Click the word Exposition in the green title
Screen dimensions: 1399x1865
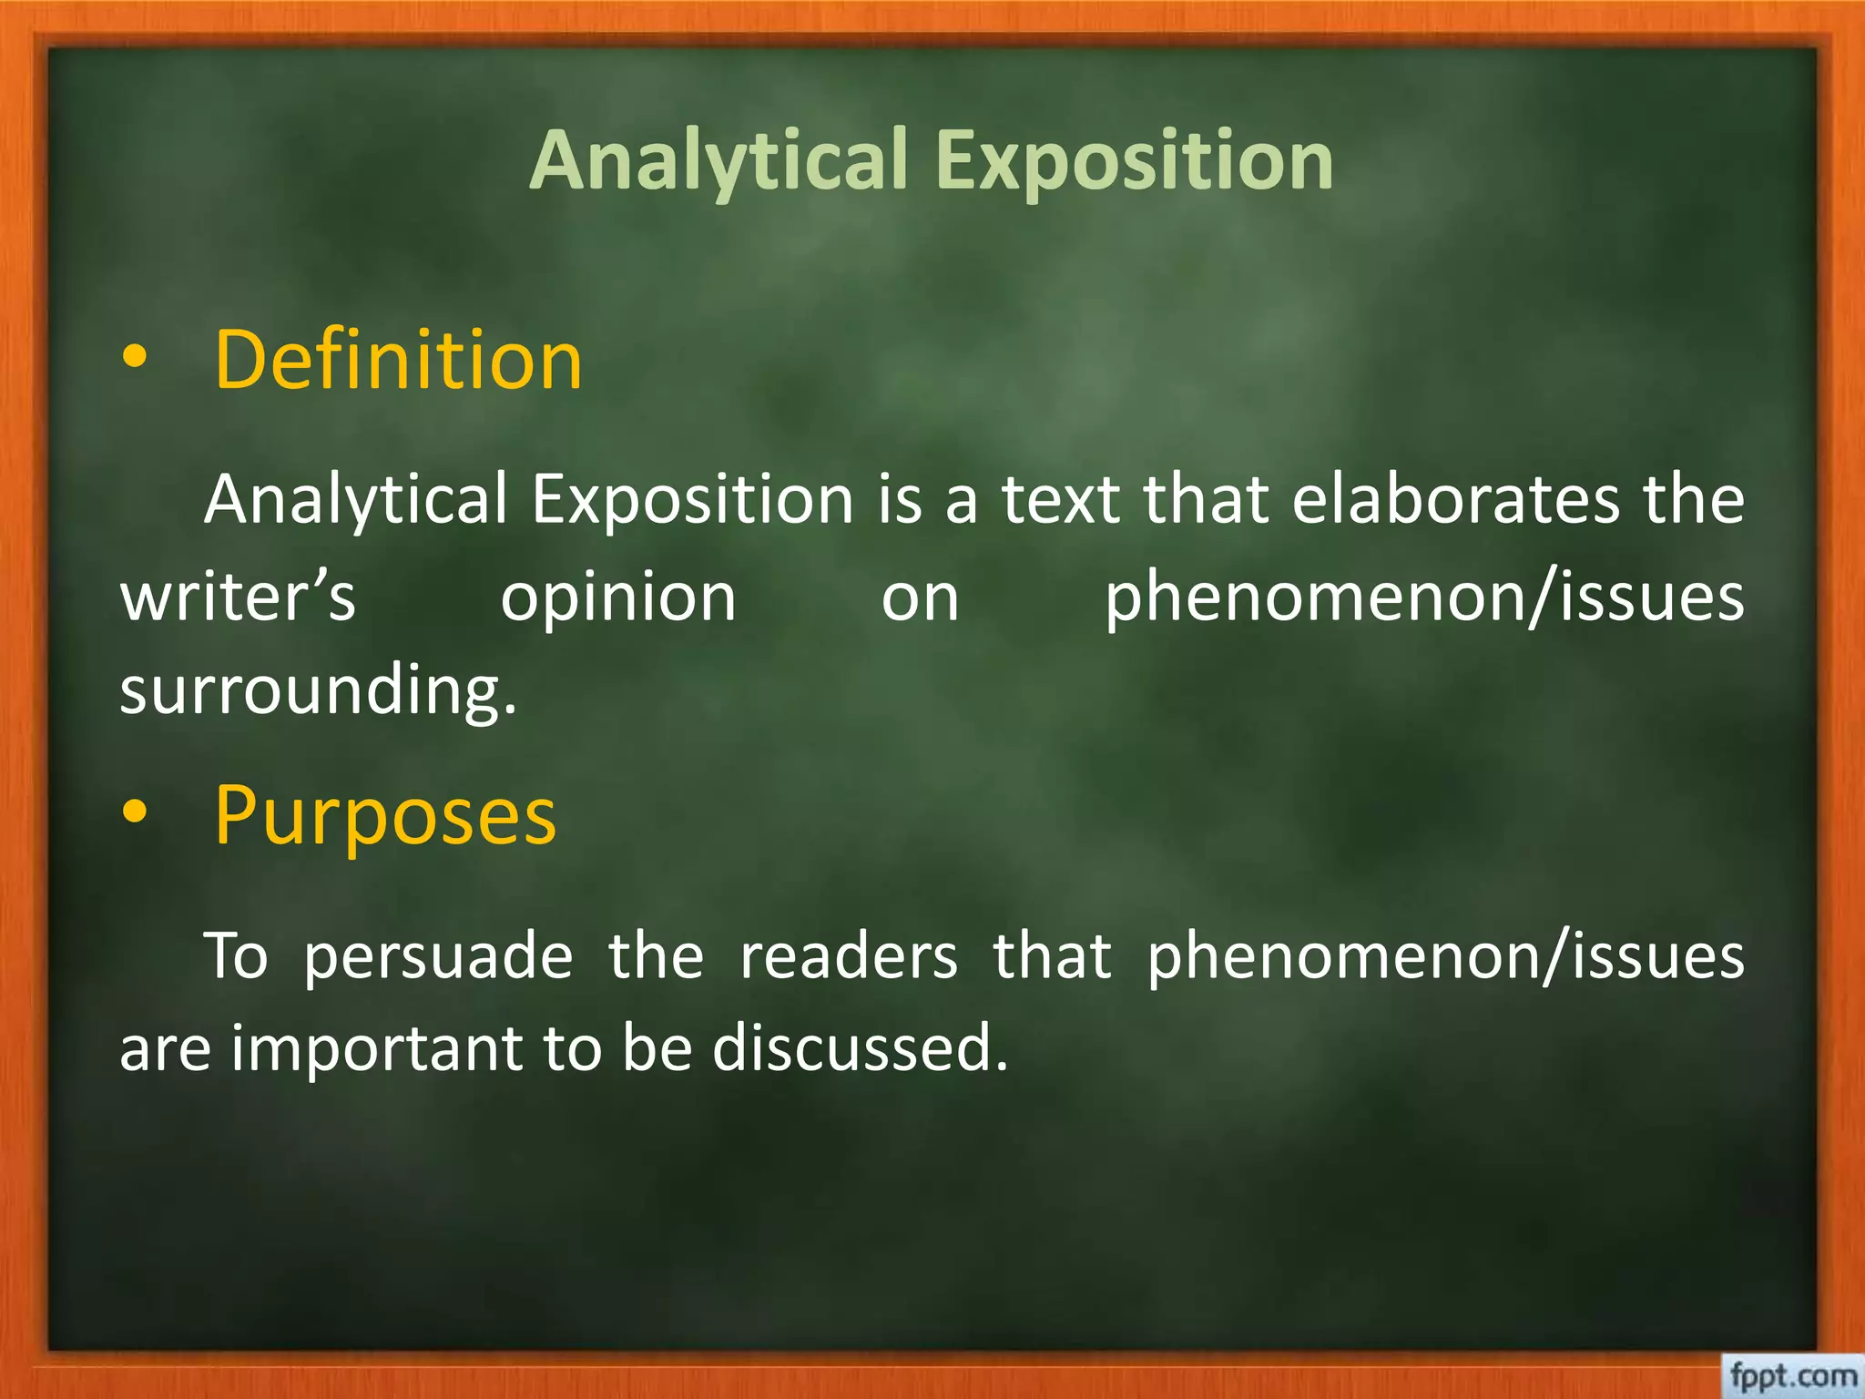pos(1135,161)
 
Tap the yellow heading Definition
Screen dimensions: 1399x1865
pos(398,361)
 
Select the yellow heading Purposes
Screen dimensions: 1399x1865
pos(384,816)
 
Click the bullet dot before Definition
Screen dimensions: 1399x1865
pos(134,359)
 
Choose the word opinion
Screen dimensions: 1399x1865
pos(618,598)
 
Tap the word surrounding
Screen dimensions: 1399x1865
pos(318,689)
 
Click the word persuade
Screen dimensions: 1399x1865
pos(438,956)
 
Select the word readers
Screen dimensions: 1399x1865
pos(848,956)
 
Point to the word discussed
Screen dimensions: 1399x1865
pos(860,1047)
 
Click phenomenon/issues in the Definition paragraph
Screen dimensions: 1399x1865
pos(1424,598)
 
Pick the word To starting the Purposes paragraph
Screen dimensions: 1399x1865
pos(236,956)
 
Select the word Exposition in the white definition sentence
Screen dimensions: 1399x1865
pos(692,500)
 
